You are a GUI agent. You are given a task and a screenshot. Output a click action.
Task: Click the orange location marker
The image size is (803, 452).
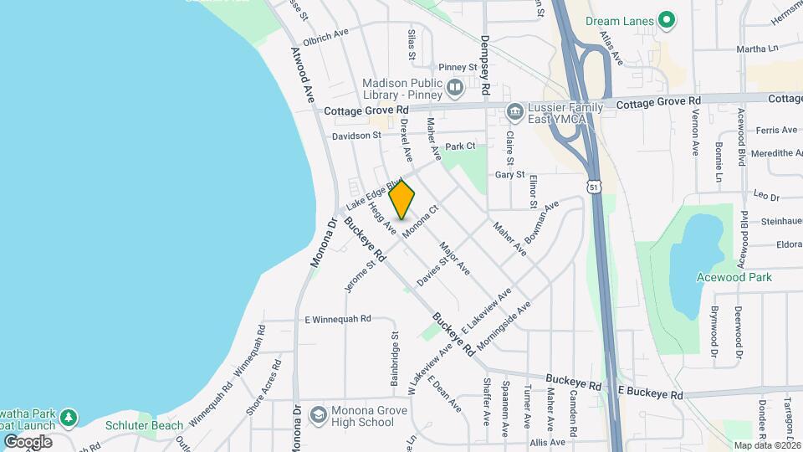coord(402,200)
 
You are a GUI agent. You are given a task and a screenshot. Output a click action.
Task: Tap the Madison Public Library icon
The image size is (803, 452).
coord(455,86)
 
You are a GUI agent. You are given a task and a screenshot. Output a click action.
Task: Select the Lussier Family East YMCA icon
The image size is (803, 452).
coord(515,110)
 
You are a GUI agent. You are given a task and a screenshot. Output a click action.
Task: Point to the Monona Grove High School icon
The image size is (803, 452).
coord(318,416)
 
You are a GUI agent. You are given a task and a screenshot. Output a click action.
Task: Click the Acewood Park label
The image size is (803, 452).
coord(734,277)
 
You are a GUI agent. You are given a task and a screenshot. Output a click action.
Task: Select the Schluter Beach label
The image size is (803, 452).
coord(145,425)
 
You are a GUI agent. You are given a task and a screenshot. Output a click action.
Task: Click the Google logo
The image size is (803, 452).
coord(28,441)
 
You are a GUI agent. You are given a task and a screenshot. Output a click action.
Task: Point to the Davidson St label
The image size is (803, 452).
coord(356,135)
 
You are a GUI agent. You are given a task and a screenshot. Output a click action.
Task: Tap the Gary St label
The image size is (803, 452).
coord(509,175)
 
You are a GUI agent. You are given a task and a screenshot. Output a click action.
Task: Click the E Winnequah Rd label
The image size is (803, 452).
coord(337,319)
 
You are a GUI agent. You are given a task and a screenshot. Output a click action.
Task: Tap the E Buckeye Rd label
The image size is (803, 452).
coord(651,393)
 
